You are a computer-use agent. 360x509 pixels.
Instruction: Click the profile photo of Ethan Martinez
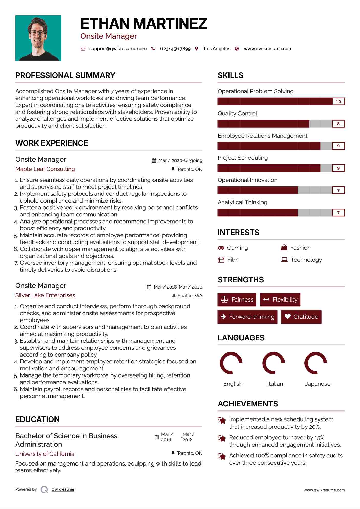pos(38,38)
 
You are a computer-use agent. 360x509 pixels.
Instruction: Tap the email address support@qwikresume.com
pos(118,49)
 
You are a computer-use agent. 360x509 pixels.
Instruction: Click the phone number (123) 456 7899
pos(175,49)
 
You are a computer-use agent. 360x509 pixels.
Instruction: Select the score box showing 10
pos(338,102)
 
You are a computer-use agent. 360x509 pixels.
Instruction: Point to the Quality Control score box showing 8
pos(338,124)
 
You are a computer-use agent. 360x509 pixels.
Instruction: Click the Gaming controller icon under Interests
pos(221,248)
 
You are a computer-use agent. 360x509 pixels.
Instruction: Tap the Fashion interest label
pos(300,248)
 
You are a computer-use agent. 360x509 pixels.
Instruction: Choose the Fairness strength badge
pos(237,300)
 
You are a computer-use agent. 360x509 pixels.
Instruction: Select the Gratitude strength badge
pos(301,317)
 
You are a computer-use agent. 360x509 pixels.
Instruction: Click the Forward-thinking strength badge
pos(247,317)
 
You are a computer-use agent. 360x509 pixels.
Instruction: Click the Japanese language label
pos(318,384)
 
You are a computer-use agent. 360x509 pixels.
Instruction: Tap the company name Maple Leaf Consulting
pos(45,169)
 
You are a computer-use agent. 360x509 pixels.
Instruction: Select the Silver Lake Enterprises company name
pos(45,295)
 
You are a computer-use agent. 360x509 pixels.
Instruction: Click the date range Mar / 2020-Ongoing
pos(180,160)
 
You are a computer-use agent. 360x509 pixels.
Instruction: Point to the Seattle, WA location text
pos(190,296)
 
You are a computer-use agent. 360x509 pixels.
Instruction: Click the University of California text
pos(45,454)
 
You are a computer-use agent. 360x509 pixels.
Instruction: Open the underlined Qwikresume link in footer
pos(63,489)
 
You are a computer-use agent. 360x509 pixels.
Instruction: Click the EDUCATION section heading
pos(37,419)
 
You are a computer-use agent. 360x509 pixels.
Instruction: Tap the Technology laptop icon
pos(284,260)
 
